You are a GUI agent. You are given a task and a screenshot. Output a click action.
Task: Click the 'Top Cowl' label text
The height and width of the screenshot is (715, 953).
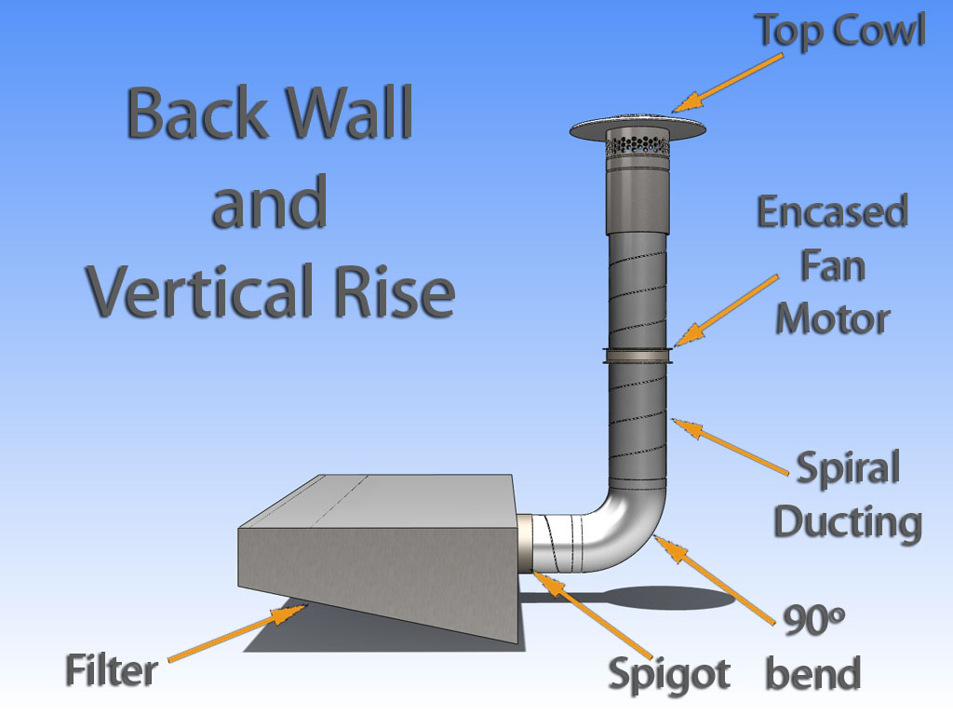coord(839,31)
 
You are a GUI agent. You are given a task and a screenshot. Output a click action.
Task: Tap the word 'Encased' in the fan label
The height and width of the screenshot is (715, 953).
coord(831,213)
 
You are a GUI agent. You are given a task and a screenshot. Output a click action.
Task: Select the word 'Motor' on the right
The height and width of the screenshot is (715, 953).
coord(832,319)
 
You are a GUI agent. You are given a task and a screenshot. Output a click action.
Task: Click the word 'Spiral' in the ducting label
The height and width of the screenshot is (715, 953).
coord(847,468)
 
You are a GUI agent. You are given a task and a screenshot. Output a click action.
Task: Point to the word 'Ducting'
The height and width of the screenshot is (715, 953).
coord(847,521)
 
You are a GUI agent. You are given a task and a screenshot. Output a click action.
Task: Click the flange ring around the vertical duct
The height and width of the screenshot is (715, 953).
coord(638,353)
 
